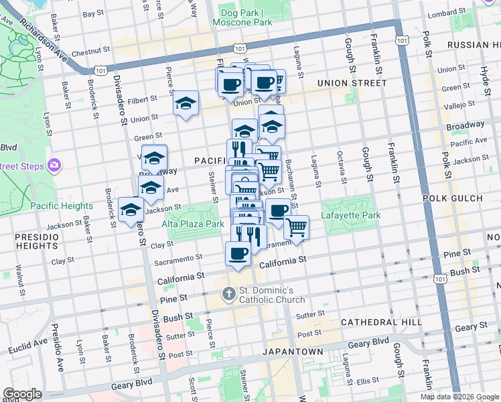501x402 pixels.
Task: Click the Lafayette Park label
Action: point(352,215)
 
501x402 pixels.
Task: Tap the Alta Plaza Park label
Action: point(196,224)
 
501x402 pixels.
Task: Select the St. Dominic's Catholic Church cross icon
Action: point(228,293)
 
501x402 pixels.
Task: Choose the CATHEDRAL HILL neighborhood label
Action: point(381,322)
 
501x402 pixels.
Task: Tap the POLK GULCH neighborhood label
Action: point(461,198)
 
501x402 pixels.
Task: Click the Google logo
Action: point(22,393)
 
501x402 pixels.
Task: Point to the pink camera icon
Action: point(54,165)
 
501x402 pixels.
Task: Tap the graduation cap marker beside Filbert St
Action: point(186,104)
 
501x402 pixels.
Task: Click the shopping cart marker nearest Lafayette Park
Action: point(295,228)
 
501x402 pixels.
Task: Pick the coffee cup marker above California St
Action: point(237,253)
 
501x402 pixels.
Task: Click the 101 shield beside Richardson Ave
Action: point(101,70)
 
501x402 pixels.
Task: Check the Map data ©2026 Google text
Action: point(459,396)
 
